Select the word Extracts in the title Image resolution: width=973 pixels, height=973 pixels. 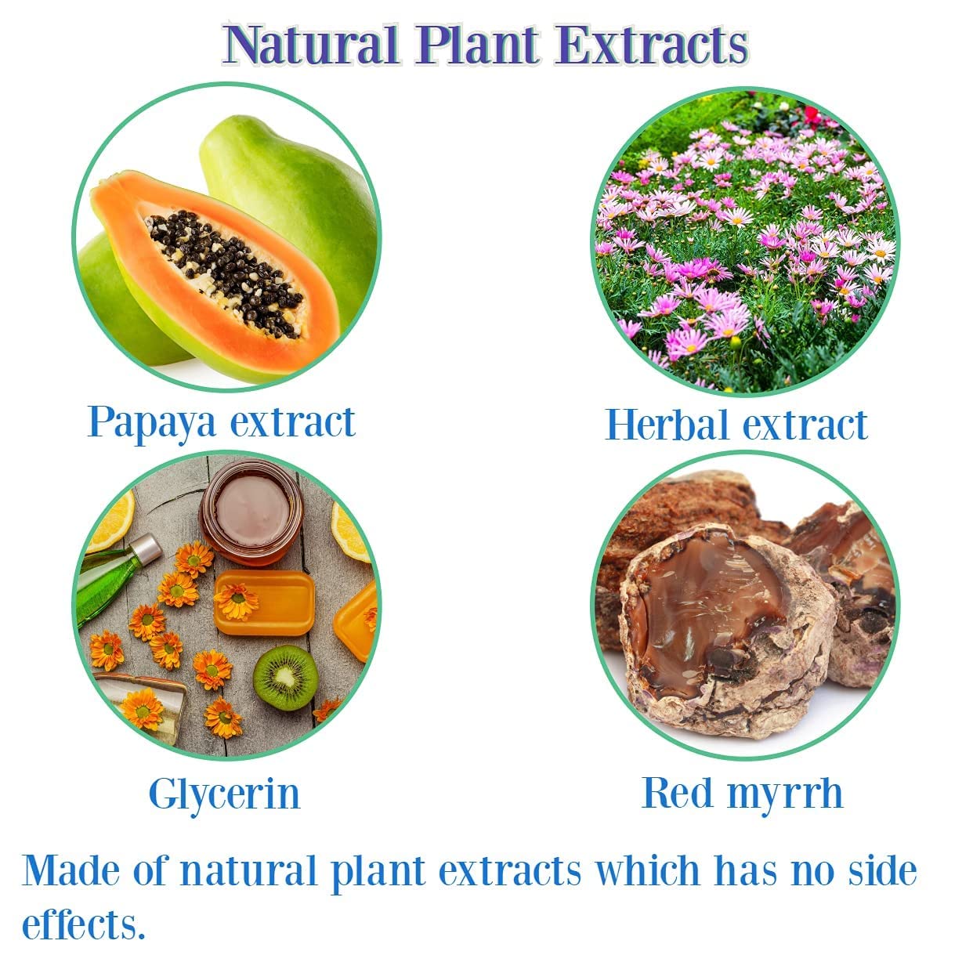[x=651, y=44]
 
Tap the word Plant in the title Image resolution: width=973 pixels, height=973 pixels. [x=477, y=44]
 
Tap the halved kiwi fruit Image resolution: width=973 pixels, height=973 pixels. [x=285, y=678]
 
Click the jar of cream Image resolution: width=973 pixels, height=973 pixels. [x=251, y=513]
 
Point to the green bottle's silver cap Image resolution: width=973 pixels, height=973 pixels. [x=146, y=549]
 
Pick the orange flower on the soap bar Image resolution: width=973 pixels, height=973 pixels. [x=237, y=601]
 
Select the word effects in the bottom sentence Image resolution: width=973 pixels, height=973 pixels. [x=83, y=924]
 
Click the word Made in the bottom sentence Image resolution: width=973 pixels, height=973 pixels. [x=71, y=870]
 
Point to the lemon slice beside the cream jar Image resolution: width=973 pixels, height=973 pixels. [x=350, y=532]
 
